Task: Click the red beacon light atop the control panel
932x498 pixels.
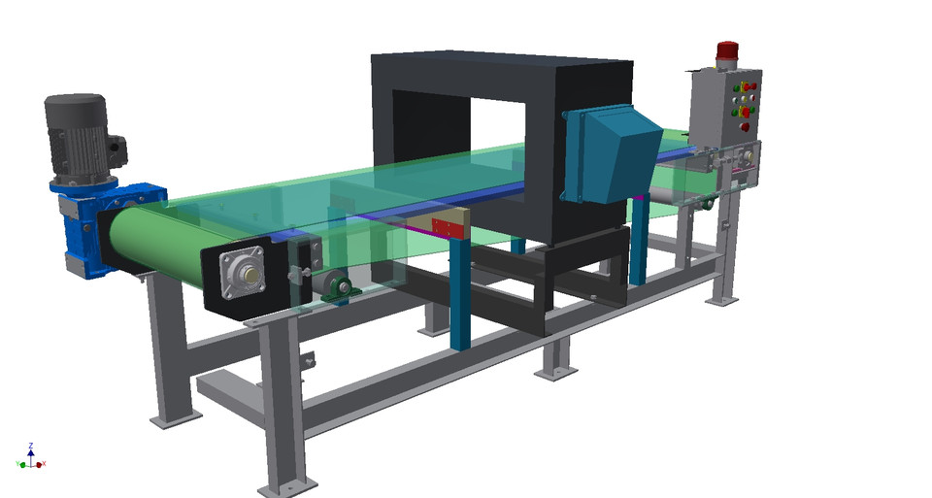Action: tap(727, 51)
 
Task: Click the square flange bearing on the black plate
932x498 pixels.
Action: tap(243, 275)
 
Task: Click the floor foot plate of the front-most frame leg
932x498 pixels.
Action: tap(287, 486)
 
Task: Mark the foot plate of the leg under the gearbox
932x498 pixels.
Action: tap(175, 418)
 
